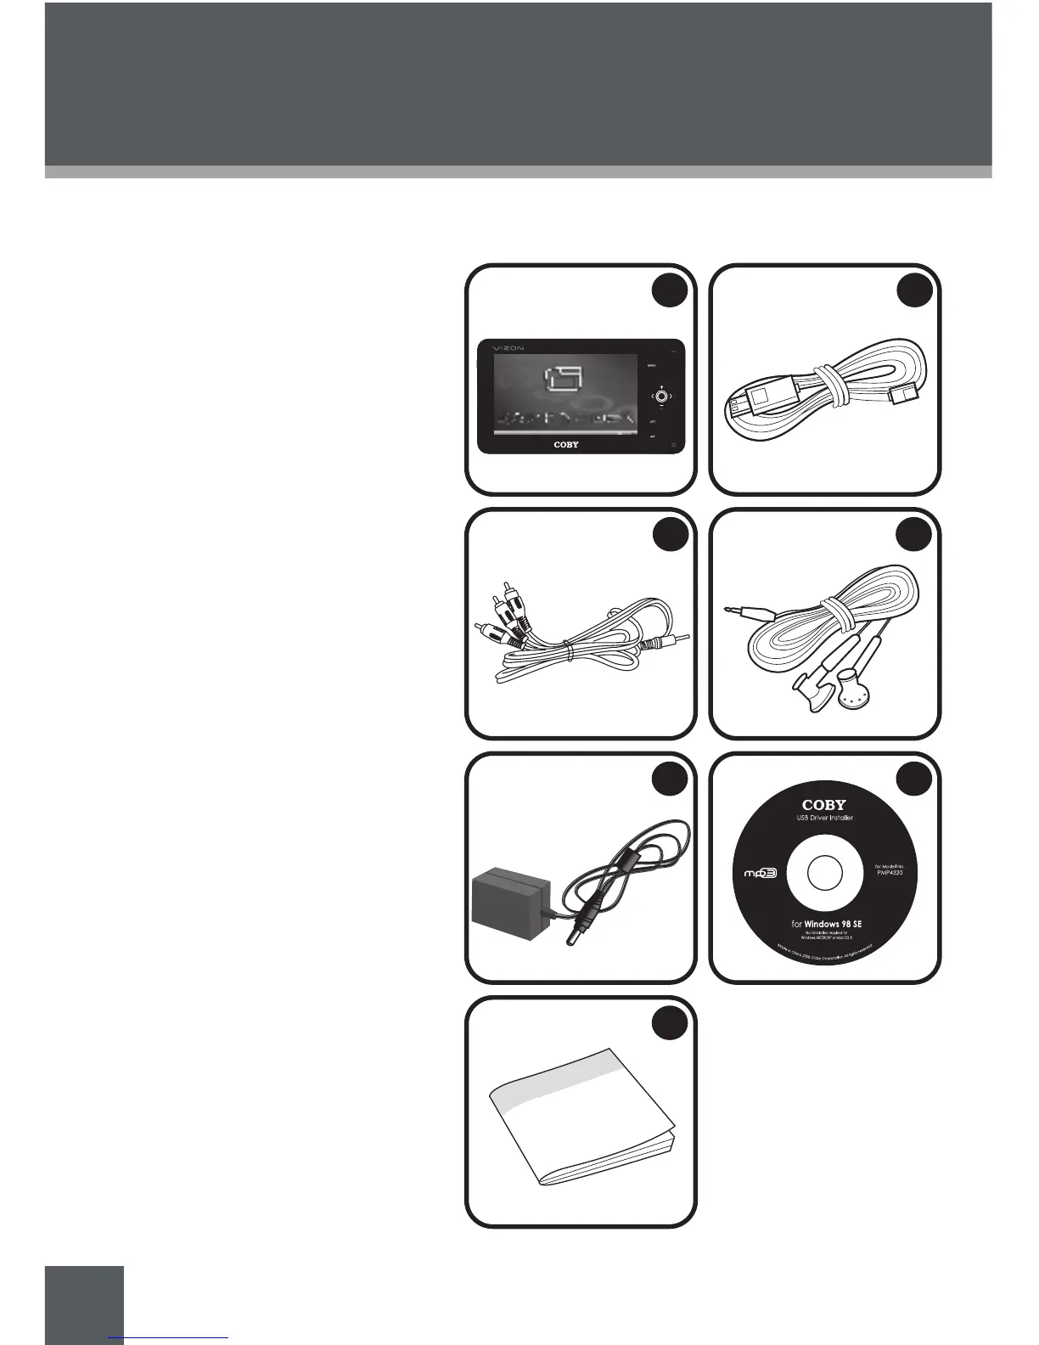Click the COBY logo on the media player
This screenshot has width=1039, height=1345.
(x=566, y=444)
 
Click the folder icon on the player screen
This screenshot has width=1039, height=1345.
(x=563, y=383)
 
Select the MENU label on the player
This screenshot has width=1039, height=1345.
(x=652, y=366)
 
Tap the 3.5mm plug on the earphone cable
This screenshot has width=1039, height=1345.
(x=741, y=609)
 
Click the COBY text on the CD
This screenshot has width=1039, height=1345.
(x=824, y=804)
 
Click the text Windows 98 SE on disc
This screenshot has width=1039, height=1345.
(x=834, y=923)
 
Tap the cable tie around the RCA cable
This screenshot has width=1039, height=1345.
(x=571, y=650)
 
